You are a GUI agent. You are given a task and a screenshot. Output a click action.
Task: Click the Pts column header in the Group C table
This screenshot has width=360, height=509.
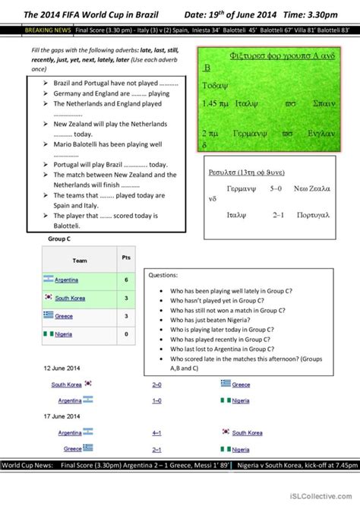point(126,258)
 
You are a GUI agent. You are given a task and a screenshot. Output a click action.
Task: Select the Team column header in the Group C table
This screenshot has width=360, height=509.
point(80,261)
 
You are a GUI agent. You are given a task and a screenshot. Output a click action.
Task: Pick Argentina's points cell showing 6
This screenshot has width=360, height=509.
point(126,280)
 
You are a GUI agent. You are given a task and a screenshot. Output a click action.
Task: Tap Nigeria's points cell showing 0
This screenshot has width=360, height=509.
point(126,334)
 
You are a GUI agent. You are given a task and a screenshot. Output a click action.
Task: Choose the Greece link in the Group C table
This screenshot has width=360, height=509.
point(64,316)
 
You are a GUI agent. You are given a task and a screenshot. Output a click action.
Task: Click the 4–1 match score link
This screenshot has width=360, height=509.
point(156,433)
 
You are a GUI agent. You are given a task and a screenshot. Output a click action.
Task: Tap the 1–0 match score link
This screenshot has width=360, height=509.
point(156,400)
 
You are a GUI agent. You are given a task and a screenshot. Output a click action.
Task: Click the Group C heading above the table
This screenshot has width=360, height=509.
point(58,239)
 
